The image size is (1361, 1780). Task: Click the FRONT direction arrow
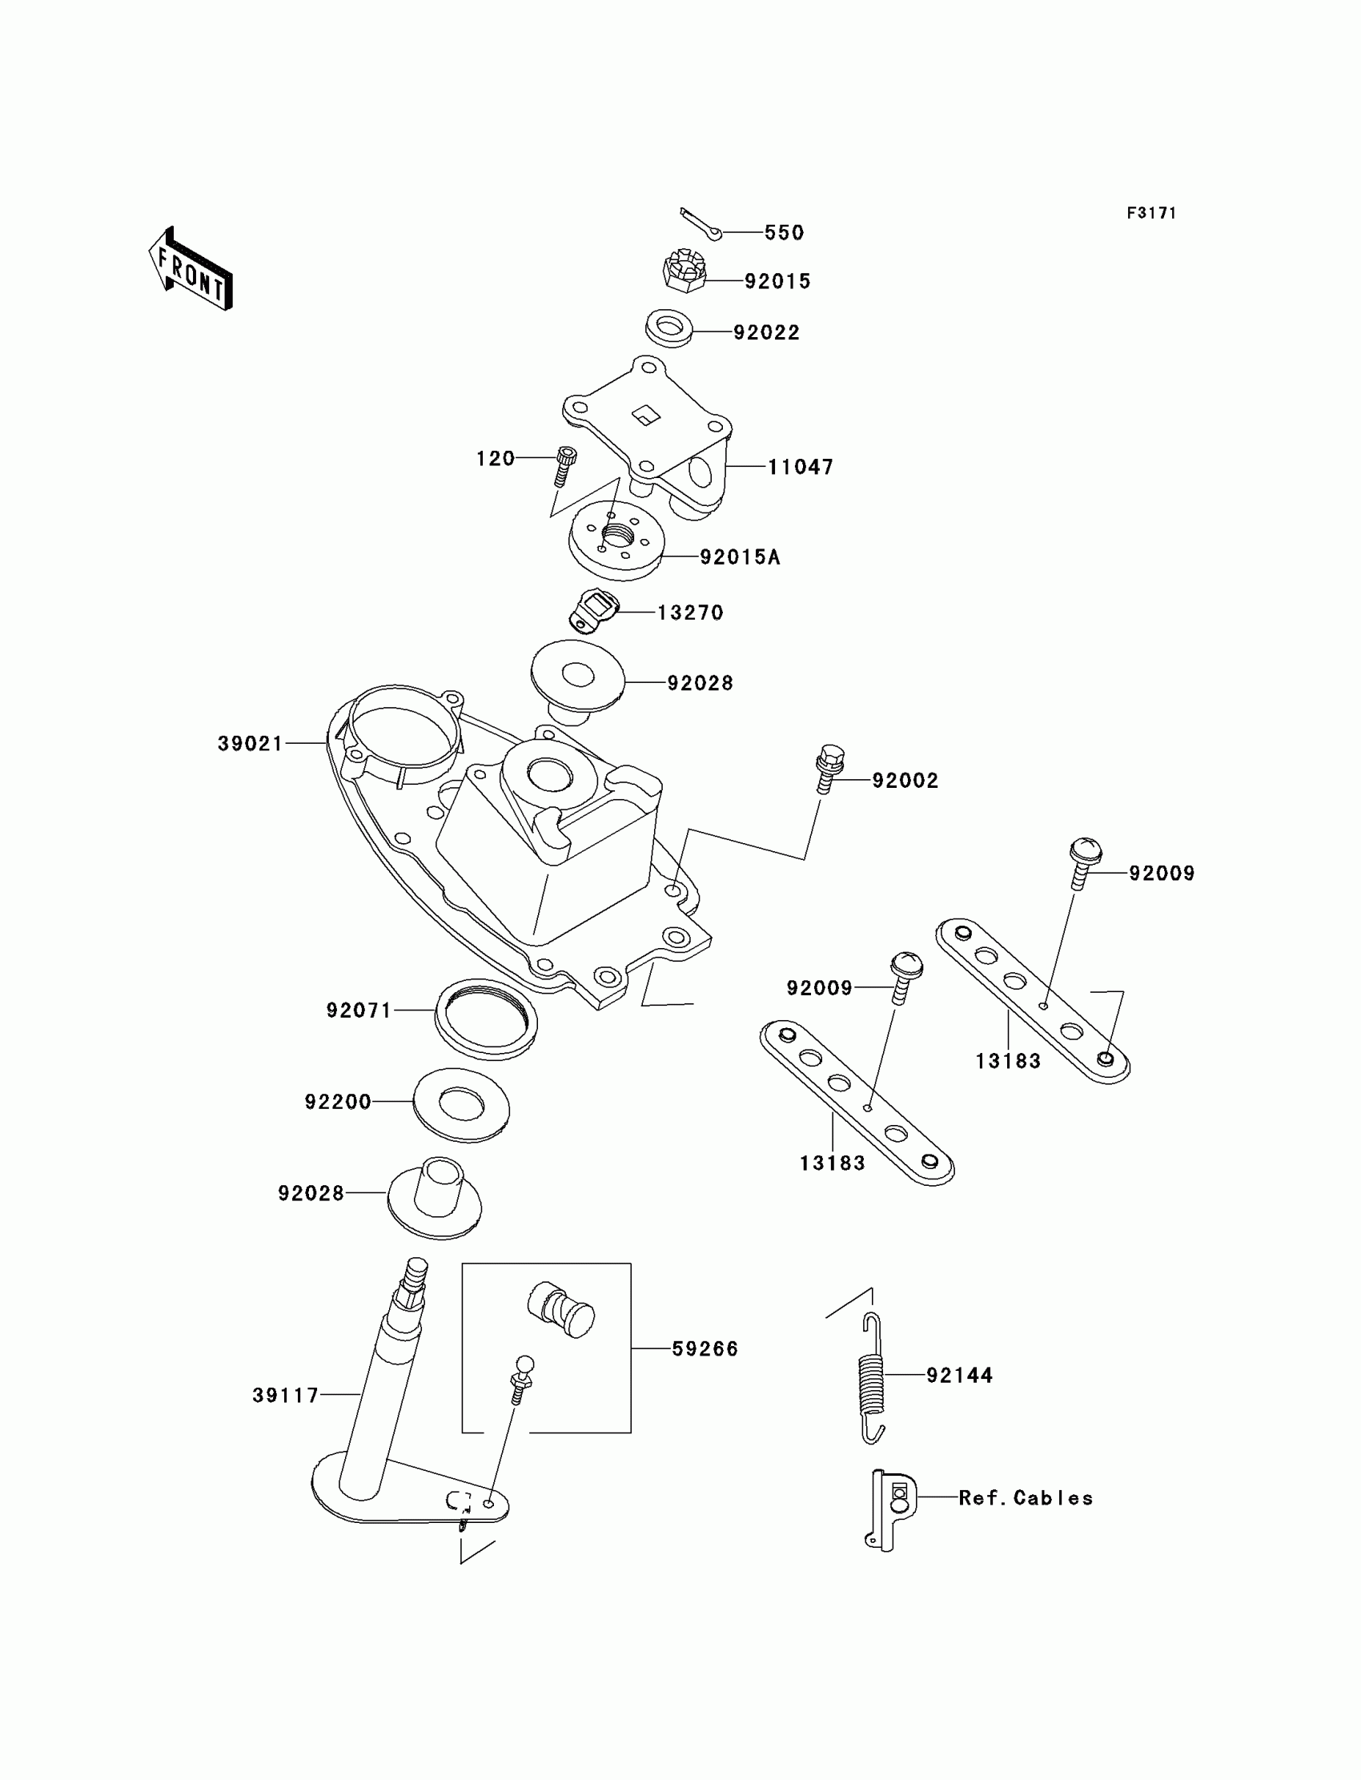click(191, 269)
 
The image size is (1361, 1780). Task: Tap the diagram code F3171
click(1150, 213)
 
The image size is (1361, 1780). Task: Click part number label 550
click(784, 232)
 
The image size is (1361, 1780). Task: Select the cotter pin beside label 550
click(700, 223)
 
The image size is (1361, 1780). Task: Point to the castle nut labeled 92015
click(684, 271)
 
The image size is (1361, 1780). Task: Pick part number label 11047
click(801, 467)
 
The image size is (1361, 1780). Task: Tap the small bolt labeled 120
click(565, 466)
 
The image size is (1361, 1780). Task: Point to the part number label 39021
click(251, 743)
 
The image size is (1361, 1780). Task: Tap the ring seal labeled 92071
click(486, 1019)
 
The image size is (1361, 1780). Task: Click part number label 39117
click(285, 1395)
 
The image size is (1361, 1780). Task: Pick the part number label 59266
click(705, 1349)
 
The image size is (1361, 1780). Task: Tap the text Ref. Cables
click(1025, 1498)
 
